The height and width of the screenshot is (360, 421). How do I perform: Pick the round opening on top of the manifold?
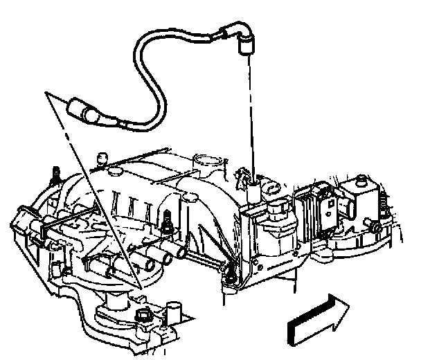point(207,163)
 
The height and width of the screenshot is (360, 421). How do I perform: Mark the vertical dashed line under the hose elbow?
point(248,111)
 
